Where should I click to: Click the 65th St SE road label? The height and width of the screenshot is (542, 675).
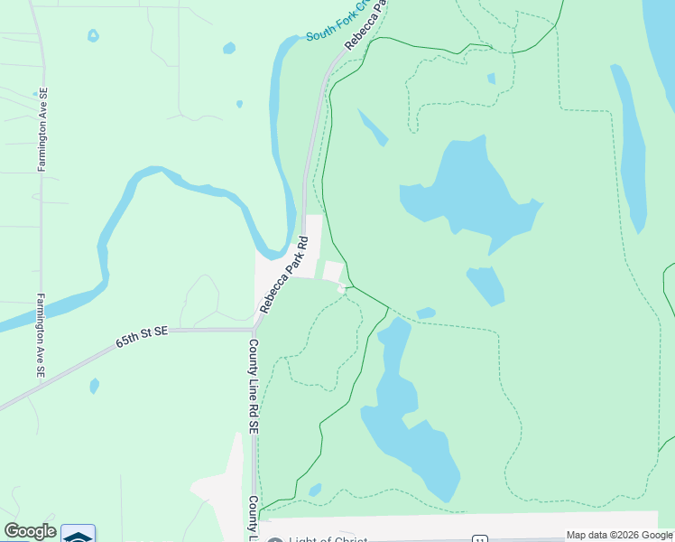(143, 338)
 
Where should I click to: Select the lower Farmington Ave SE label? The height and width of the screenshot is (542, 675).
(41, 334)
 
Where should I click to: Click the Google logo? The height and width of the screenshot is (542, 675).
(30, 531)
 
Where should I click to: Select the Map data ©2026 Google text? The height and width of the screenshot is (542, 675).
(619, 535)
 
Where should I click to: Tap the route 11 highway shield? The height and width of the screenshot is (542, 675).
(479, 539)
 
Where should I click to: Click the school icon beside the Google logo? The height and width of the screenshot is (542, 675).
(79, 535)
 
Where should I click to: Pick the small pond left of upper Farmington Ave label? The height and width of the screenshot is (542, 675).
(93, 36)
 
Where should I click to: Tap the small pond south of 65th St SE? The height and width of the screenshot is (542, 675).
(95, 386)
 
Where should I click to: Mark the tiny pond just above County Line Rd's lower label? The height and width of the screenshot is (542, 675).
(315, 490)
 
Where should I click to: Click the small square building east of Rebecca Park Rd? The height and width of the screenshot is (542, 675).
(332, 271)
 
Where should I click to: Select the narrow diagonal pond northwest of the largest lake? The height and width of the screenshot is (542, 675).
(373, 127)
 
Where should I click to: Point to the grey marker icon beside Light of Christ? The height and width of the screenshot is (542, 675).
(275, 540)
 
